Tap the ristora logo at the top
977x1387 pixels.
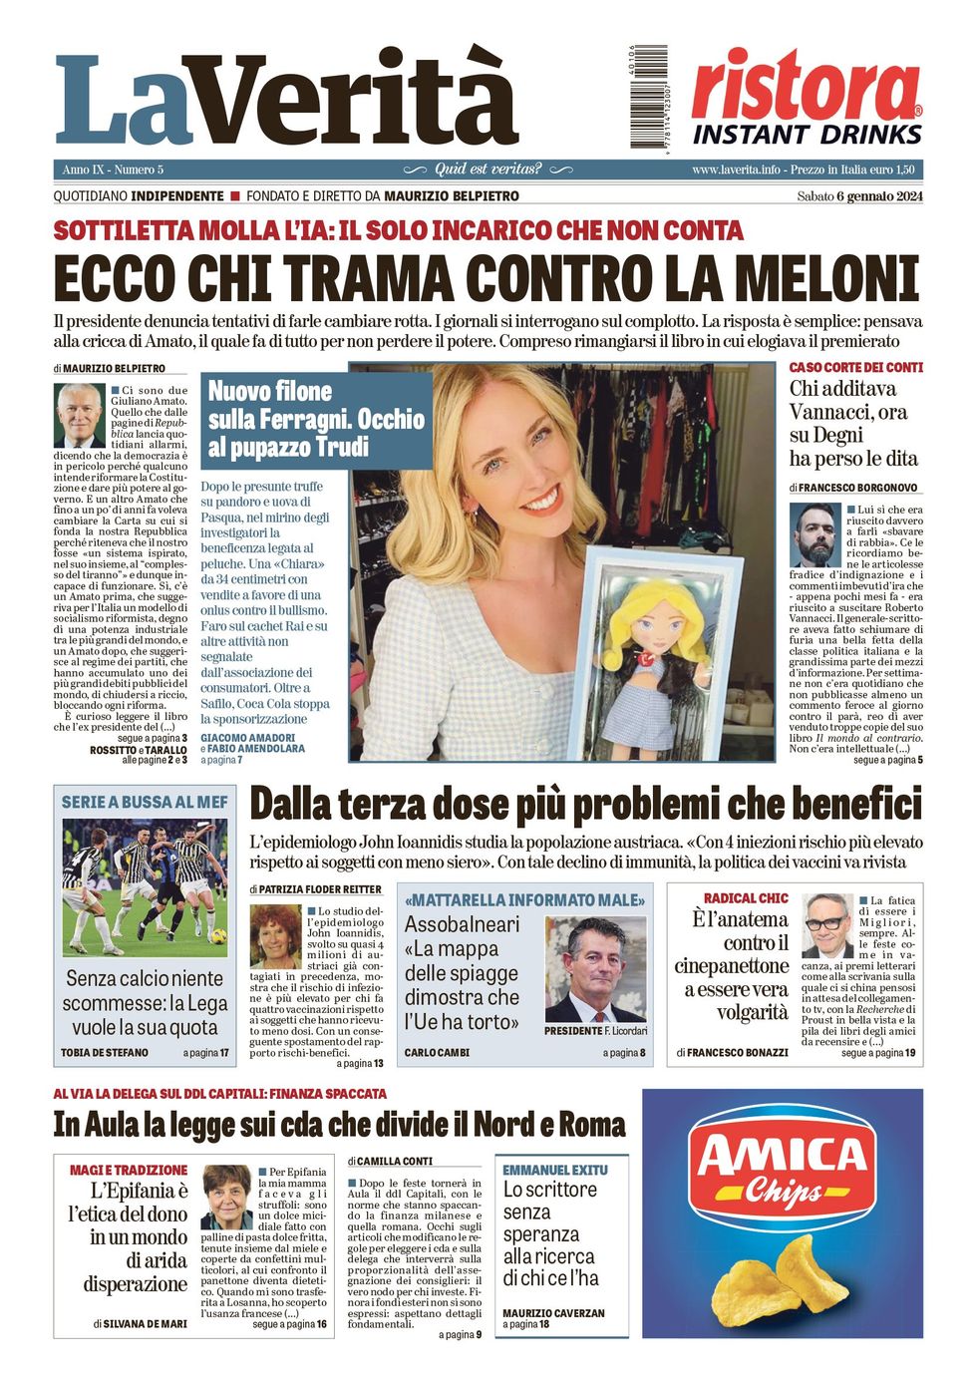tap(807, 87)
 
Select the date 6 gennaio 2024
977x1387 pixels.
tap(879, 195)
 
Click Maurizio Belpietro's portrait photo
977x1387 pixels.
tap(79, 415)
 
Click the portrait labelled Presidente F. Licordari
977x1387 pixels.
tap(596, 970)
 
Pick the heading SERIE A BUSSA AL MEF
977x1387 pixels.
tap(145, 802)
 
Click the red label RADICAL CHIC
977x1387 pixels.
tap(746, 897)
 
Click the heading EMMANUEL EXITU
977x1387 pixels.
tap(554, 1169)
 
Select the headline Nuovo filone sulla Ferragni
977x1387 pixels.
tap(316, 419)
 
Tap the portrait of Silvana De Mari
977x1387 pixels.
tap(227, 1197)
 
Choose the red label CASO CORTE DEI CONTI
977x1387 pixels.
tap(855, 367)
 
